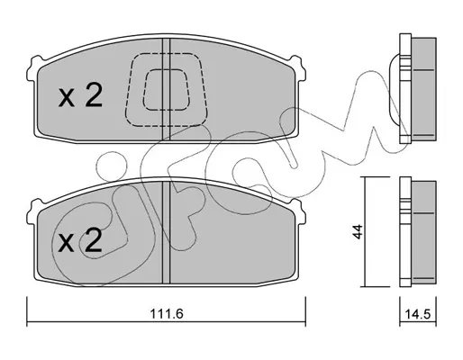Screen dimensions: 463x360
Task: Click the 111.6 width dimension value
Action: point(167,314)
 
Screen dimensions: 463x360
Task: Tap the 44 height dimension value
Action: point(358,232)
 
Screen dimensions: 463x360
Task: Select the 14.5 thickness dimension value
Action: point(418,314)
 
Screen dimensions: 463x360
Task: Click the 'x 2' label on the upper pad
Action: point(80,95)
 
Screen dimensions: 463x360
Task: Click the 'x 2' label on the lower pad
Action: point(80,240)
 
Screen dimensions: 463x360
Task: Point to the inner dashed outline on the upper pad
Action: point(166,89)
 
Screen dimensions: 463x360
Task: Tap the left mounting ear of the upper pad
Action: point(32,68)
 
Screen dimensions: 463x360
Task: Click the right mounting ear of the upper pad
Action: point(299,68)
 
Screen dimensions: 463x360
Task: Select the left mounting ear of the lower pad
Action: point(32,211)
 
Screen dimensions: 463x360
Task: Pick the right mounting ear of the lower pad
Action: point(299,211)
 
